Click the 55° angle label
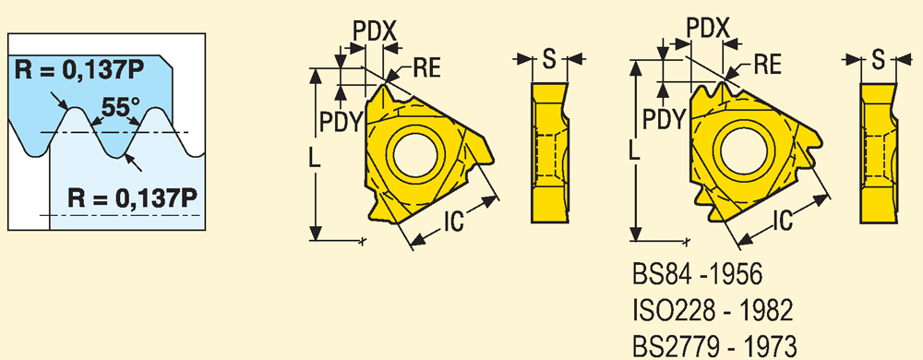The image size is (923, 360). tap(121, 108)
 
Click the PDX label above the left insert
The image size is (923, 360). tap(374, 31)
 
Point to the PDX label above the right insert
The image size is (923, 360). tap(709, 28)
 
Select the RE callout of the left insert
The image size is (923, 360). tap(426, 69)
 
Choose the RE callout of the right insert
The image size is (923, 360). tap(767, 64)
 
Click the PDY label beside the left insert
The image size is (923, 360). tap(339, 122)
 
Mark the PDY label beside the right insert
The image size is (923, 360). tap(664, 119)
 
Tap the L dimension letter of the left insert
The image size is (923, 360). tap(315, 160)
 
